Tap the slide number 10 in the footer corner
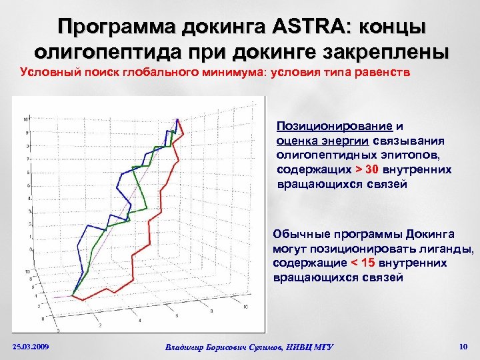tap(464, 346)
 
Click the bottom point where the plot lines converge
tap(73, 297)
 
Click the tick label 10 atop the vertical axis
tap(25, 120)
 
